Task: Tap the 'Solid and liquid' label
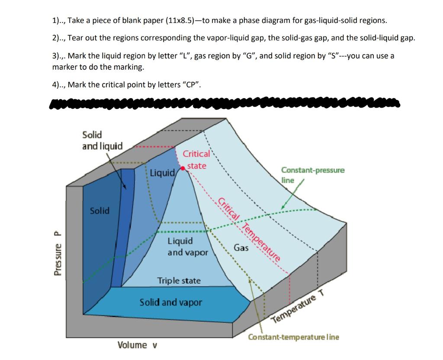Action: click(x=102, y=141)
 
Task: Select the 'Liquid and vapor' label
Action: click(x=188, y=247)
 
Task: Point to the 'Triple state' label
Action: click(x=179, y=281)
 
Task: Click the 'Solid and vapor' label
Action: click(x=170, y=302)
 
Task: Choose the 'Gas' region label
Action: click(x=241, y=248)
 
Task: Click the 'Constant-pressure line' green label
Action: click(x=312, y=174)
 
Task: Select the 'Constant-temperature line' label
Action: click(x=293, y=337)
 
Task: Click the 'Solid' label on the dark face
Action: click(x=100, y=211)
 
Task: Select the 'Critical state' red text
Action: click(x=196, y=160)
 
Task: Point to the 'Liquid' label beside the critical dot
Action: click(x=162, y=174)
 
